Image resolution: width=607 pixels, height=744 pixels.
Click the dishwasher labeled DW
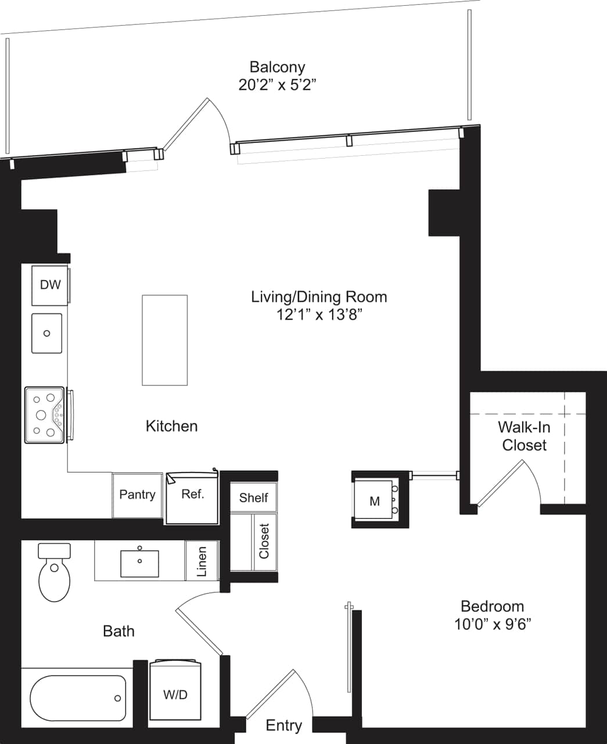click(50, 285)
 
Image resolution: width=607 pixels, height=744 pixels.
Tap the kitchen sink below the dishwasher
click(46, 333)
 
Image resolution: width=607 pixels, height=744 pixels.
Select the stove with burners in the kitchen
click(44, 415)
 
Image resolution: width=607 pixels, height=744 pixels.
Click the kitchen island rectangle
click(164, 340)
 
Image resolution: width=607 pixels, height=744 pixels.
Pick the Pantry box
click(137, 495)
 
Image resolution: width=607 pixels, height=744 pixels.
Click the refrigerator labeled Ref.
click(192, 497)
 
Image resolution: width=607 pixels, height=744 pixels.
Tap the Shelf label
click(253, 498)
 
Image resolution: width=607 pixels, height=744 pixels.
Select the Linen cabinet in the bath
click(202, 561)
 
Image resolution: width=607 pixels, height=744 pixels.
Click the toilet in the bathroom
click(54, 574)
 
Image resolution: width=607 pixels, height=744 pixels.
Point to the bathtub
click(78, 697)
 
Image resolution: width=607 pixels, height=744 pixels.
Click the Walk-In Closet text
click(524, 437)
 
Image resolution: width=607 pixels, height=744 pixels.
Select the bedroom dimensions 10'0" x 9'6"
click(492, 625)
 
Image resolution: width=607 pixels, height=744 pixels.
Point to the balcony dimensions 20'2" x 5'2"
click(277, 85)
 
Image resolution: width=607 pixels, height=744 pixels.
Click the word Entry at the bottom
click(283, 725)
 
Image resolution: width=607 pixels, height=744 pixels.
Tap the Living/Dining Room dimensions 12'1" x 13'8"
click(319, 314)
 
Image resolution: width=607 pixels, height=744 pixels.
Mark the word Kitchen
click(171, 426)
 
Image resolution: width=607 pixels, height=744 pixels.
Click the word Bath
click(118, 631)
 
